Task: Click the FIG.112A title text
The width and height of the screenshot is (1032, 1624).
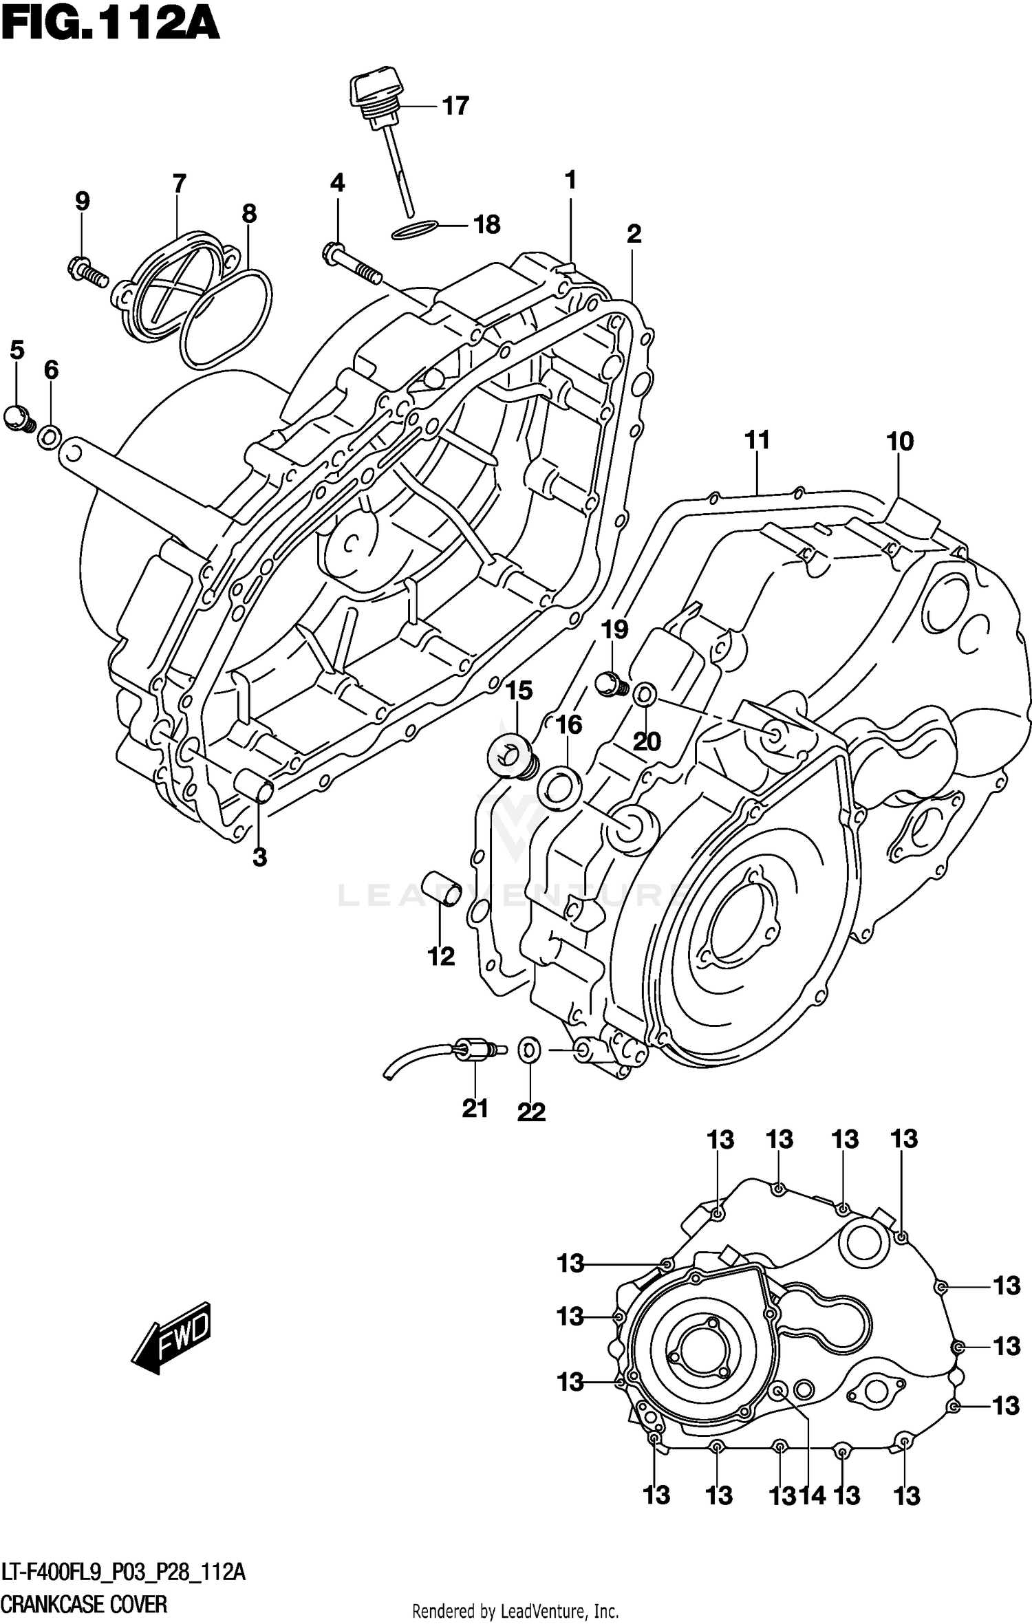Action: (x=110, y=26)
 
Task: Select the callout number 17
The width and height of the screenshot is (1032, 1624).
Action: (x=455, y=107)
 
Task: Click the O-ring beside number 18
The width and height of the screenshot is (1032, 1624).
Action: (x=415, y=231)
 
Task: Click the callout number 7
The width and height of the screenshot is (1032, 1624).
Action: (x=179, y=184)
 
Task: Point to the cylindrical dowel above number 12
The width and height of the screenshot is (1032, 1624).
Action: (x=440, y=888)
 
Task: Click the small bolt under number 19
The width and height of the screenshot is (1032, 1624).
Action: (x=610, y=685)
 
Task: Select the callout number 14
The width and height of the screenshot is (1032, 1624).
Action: (x=812, y=1494)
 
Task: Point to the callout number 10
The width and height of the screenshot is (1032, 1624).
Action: (x=900, y=442)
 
